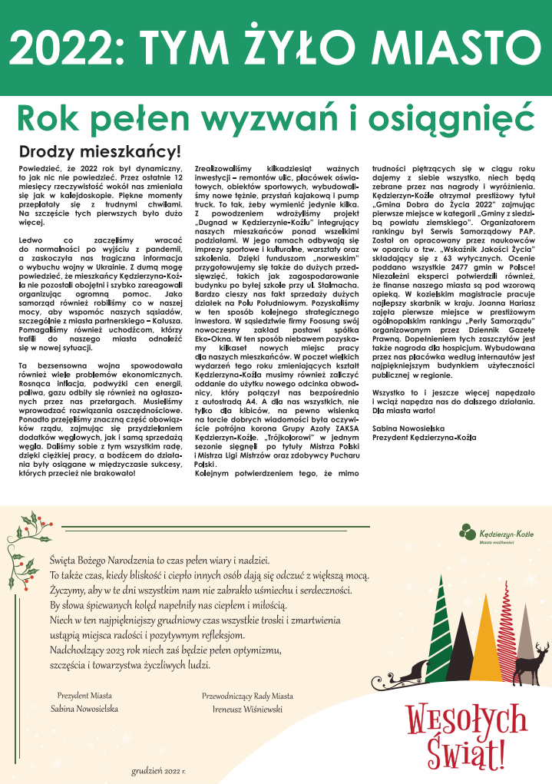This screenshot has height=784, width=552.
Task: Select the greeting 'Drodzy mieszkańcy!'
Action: (99, 151)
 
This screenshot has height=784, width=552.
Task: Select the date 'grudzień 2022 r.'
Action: (159, 769)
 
